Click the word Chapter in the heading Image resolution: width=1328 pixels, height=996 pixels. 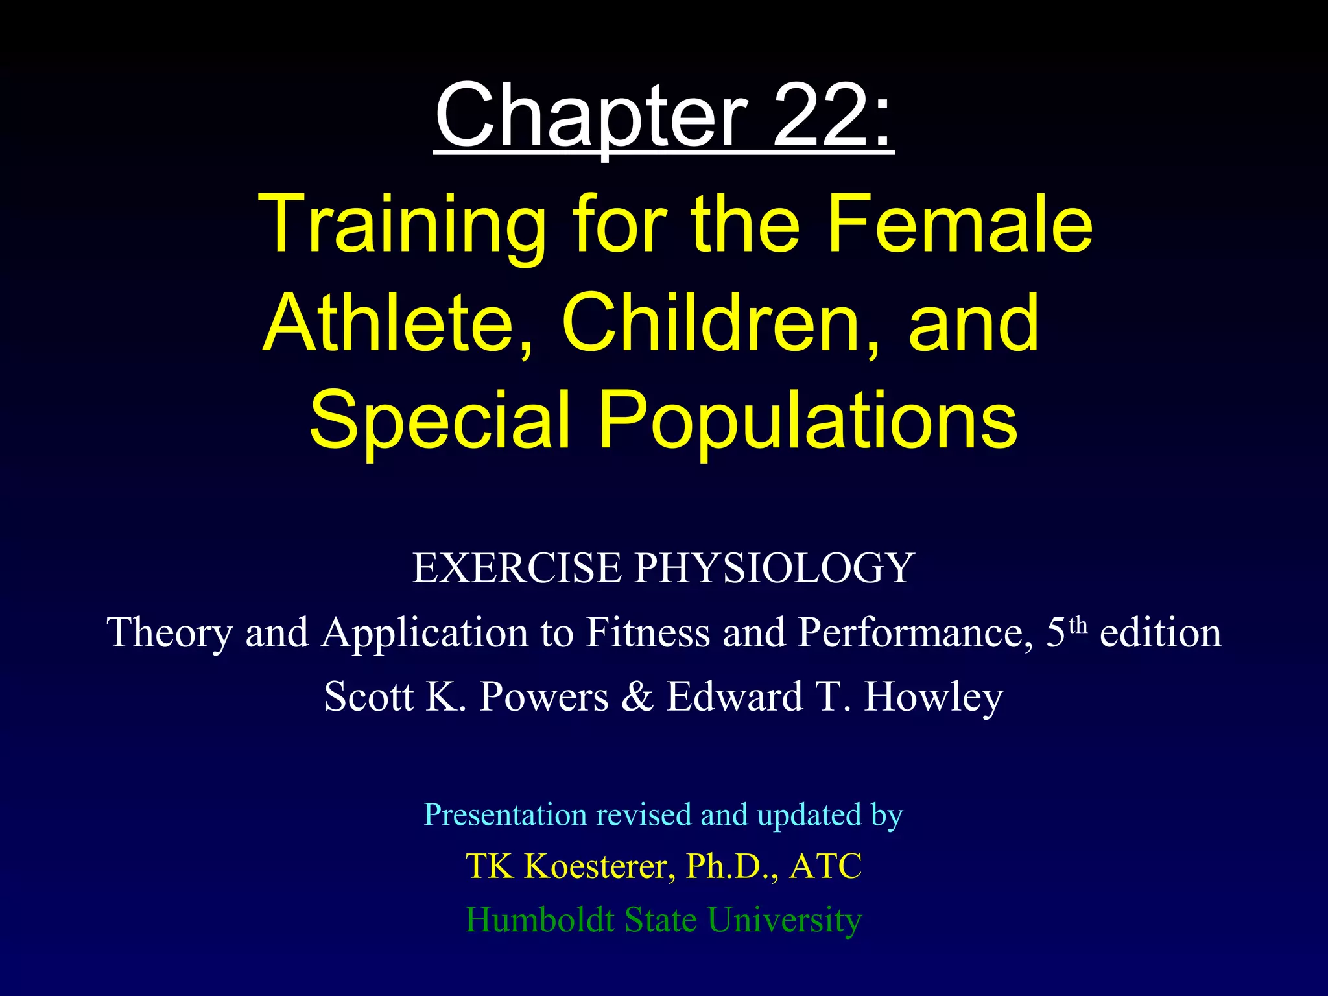[x=590, y=117]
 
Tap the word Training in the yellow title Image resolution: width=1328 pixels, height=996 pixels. [x=402, y=224]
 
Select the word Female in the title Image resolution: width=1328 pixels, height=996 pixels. [x=960, y=224]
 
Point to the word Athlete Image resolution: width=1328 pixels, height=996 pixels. [x=389, y=322]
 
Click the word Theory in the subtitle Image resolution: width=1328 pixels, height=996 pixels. [x=170, y=633]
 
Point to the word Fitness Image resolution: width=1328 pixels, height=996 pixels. [x=648, y=633]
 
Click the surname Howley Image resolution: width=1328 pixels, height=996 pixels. [x=934, y=698]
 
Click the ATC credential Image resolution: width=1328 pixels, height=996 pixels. [x=825, y=866]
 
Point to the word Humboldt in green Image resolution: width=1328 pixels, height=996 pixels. [x=539, y=919]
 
